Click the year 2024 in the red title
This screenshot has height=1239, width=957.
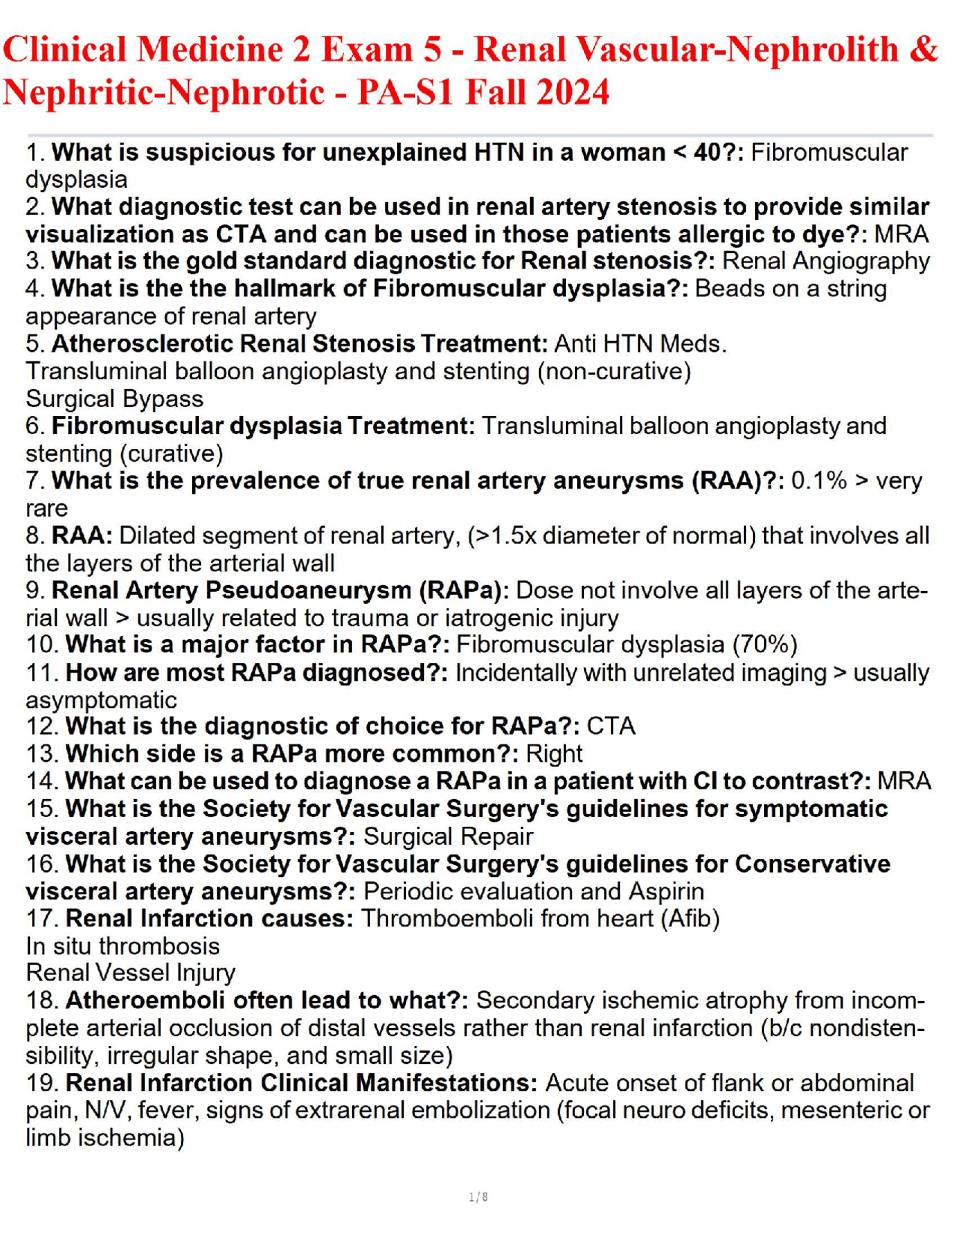573,93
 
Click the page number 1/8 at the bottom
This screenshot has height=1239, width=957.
478,1197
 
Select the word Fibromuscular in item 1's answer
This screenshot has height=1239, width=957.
828,153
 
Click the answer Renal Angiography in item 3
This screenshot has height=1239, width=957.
826,261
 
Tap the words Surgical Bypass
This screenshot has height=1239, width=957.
114,399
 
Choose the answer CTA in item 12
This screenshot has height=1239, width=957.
611,726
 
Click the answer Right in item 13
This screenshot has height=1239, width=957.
554,753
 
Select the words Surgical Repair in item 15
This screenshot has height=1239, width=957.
448,836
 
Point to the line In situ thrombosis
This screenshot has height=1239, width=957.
123,946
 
